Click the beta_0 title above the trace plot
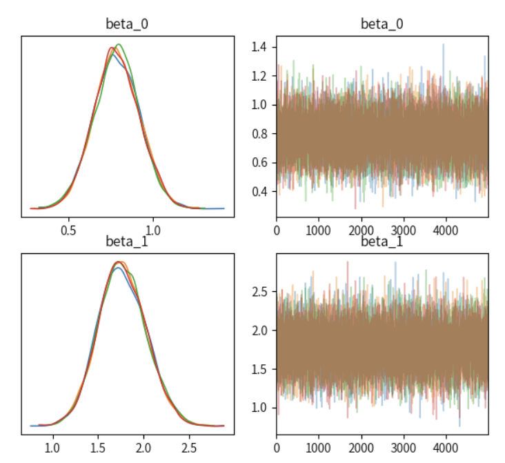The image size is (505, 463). (x=382, y=25)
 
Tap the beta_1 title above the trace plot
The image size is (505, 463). (x=382, y=242)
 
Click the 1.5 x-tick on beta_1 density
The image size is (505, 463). (x=98, y=446)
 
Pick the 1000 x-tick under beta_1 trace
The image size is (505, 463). (x=319, y=446)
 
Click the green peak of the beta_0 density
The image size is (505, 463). (x=119, y=45)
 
